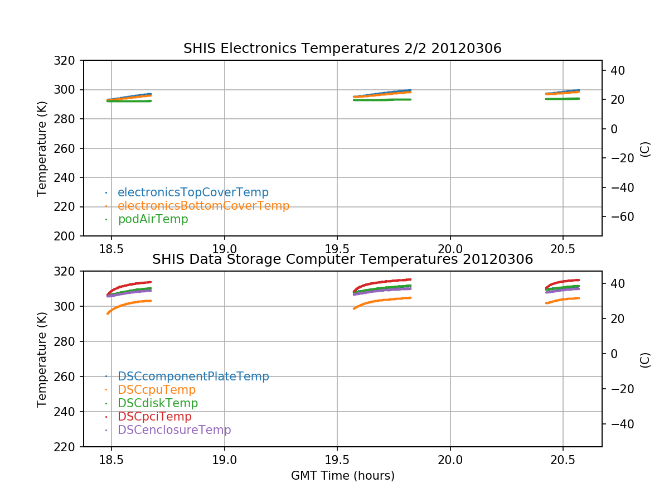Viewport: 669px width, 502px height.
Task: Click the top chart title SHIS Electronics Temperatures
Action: pos(342,49)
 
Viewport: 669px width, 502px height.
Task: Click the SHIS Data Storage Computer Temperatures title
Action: pos(342,259)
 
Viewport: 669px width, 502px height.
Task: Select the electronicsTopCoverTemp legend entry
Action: pos(193,192)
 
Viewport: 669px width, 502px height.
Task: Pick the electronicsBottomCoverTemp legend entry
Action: pos(203,206)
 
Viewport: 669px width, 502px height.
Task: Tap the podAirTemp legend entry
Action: pos(153,219)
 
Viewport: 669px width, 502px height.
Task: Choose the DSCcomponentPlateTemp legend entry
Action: pos(193,376)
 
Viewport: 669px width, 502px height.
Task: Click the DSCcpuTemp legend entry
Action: pos(157,390)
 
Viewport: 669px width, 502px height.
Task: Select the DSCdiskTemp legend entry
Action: pos(158,403)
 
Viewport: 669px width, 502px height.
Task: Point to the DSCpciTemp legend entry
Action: pos(154,417)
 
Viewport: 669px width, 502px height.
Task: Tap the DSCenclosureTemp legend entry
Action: pos(174,430)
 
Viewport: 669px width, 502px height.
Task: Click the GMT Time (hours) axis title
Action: pos(342,476)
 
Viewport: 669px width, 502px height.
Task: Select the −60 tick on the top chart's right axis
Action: pos(616,216)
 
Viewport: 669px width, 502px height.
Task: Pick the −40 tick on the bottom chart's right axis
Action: pos(616,424)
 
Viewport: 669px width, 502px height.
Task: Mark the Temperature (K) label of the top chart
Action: pos(42,148)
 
